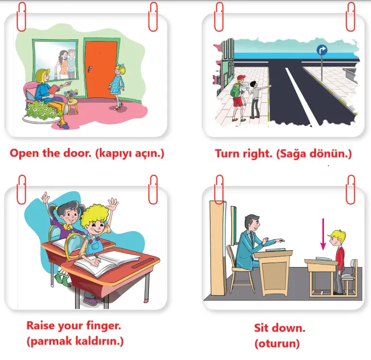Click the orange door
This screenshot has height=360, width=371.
[101, 69]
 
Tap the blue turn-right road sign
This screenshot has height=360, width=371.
[322, 50]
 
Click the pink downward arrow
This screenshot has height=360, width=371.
[323, 234]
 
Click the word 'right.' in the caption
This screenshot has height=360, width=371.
[258, 154]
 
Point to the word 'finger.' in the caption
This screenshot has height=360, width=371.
[103, 326]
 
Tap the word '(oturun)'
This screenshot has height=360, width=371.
[277, 344]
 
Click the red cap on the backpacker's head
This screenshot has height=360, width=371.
[241, 78]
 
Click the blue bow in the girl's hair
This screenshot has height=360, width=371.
[121, 66]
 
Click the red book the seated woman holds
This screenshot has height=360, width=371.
[53, 89]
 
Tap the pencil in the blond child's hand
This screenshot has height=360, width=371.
[97, 257]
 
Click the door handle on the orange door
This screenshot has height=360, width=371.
[90, 69]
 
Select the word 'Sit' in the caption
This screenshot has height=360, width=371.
[262, 328]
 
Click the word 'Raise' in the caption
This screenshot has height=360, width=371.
[40, 325]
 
